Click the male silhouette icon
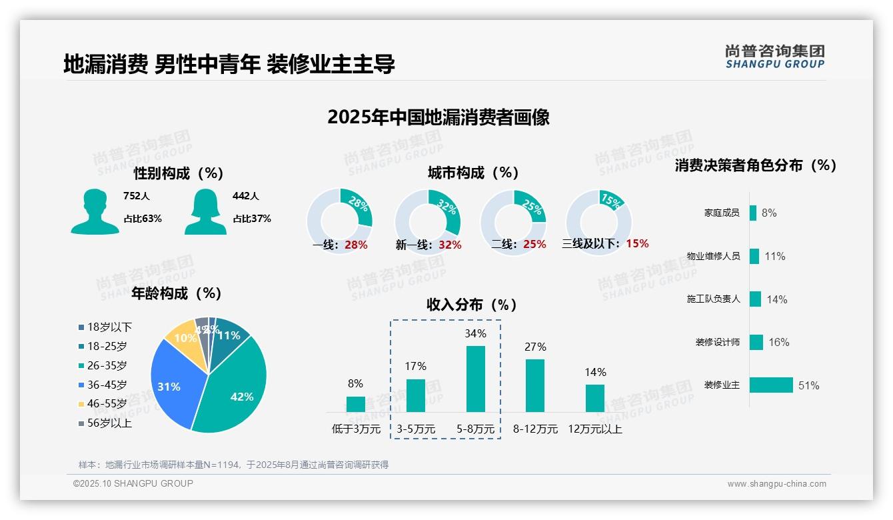[95, 211]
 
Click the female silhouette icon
[205, 211]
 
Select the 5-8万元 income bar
[475, 379]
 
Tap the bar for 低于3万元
[355, 404]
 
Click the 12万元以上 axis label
[594, 429]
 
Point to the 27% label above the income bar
[535, 347]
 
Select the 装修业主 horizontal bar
[771, 385]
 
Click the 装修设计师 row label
[717, 342]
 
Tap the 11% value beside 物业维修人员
[774, 256]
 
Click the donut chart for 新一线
[427, 222]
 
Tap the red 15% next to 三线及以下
[637, 244]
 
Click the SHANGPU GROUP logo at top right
[774, 57]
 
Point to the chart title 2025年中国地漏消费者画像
[439, 117]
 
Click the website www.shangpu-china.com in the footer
[776, 484]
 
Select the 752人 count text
[136, 196]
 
